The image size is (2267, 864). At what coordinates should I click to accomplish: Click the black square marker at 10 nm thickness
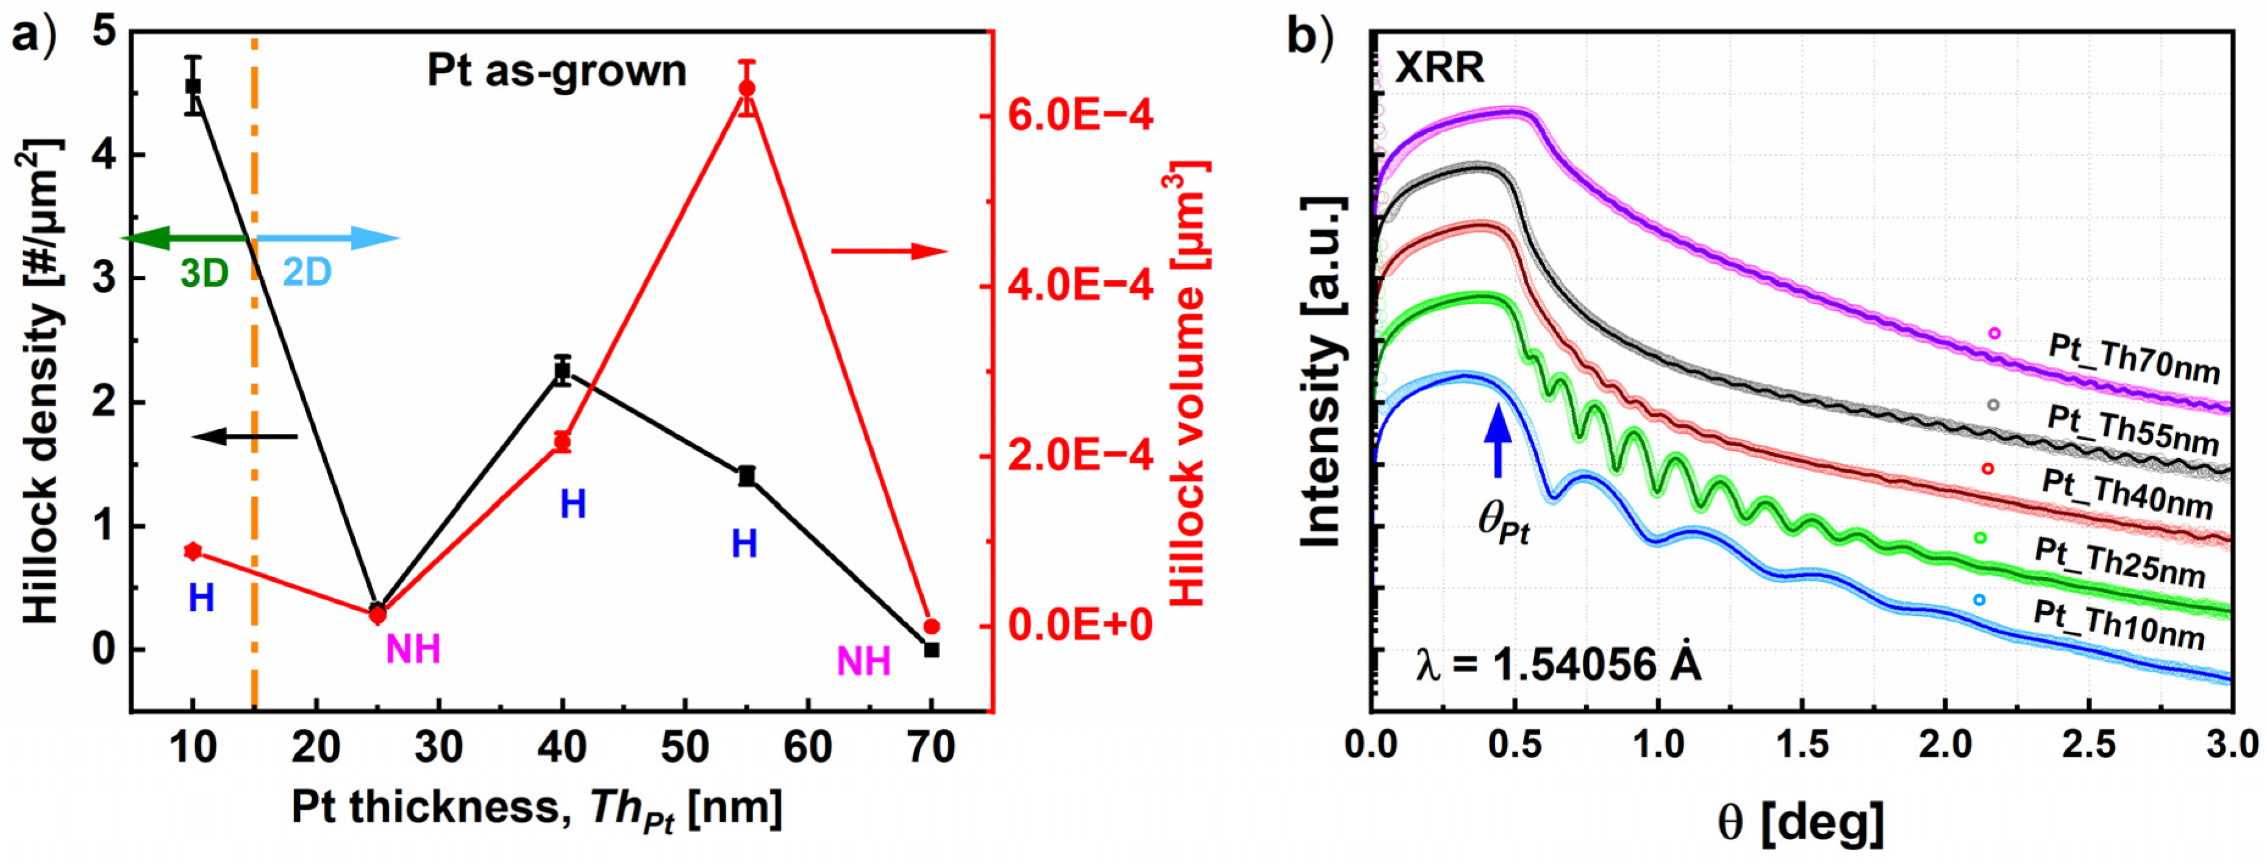pos(193,87)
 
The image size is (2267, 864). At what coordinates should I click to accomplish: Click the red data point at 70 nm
pos(932,626)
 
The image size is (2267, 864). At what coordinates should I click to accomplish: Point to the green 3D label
pos(204,274)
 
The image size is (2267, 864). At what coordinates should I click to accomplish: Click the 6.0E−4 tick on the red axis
pos(1079,115)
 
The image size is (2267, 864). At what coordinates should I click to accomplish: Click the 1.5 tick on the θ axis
pos(1801,746)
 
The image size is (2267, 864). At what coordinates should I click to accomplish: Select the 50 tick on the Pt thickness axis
pos(685,748)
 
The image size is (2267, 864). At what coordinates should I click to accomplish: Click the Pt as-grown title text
pos(556,71)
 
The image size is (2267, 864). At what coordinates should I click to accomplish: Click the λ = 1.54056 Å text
pos(1558,665)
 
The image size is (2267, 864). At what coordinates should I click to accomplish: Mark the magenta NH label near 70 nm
pos(863,662)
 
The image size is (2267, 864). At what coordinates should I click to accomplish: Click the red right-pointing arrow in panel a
pos(889,252)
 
